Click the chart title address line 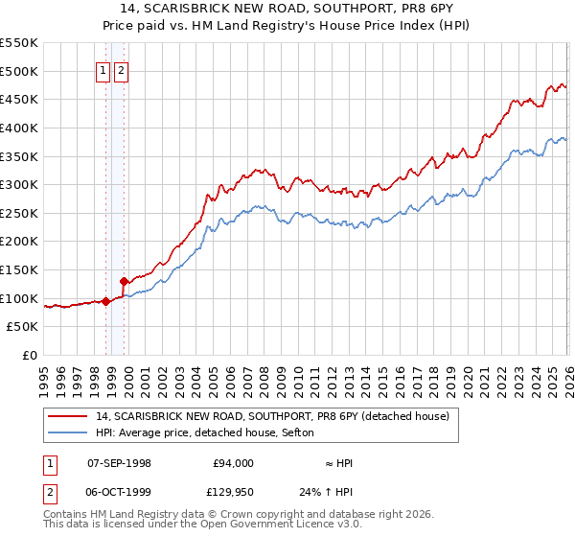click(287, 10)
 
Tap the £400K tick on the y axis click(19, 128)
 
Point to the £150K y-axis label click(19, 242)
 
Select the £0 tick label click(30, 356)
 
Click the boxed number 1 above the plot click(102, 69)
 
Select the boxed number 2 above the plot click(121, 69)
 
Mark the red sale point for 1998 click(105, 301)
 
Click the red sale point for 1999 click(124, 281)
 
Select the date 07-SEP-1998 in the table click(119, 463)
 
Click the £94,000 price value click(233, 463)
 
